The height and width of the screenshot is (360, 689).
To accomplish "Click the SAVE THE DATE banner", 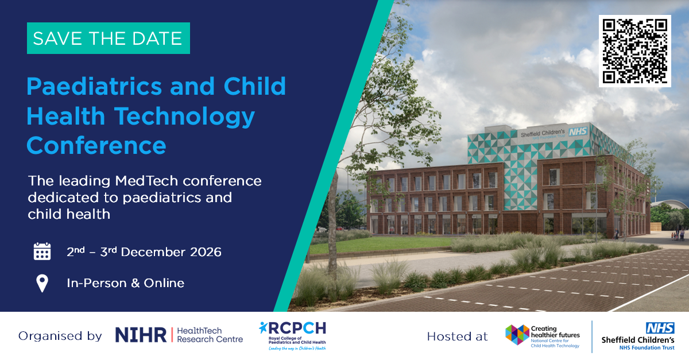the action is tap(109, 38).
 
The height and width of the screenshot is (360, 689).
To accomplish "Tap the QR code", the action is tap(635, 51).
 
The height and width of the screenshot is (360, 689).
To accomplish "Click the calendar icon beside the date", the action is tap(42, 251).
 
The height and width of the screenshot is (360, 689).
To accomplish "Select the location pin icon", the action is tap(42, 283).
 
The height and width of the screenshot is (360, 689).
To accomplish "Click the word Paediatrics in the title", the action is tap(94, 86).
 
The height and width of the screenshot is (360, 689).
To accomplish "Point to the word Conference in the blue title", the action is tap(96, 145).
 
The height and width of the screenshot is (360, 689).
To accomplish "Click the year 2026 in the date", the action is tap(206, 252).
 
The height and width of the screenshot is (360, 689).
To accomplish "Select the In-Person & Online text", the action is tap(126, 283).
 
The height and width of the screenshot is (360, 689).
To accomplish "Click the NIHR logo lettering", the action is tap(141, 335).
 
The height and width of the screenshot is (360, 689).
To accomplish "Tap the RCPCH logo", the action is tap(292, 336).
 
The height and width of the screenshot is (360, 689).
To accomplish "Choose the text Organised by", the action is tap(60, 336).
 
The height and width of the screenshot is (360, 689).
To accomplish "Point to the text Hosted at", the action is tap(458, 336).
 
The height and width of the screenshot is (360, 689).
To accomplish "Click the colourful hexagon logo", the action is tap(517, 335).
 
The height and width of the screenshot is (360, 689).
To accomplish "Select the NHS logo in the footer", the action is tap(660, 328).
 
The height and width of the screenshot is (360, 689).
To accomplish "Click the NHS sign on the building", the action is tap(578, 131).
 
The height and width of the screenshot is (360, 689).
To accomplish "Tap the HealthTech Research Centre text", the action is tap(210, 335).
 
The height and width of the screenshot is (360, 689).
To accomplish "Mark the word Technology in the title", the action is tap(184, 117).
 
